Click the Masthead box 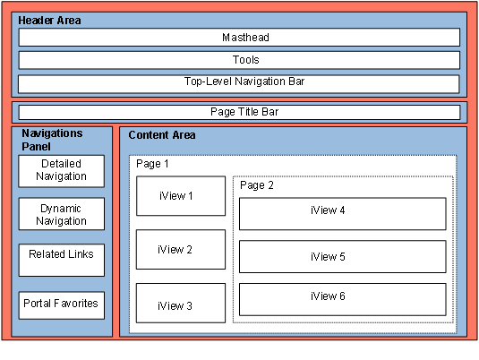[239, 38]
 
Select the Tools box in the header [239, 60]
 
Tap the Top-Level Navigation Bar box [238, 84]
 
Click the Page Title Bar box [240, 112]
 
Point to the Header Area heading [49, 21]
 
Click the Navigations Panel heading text [52, 140]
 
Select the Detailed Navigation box [62, 171]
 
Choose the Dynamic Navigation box [62, 214]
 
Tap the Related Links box [62, 260]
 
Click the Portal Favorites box [62, 305]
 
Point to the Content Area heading [162, 135]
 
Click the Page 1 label [152, 164]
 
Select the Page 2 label [257, 185]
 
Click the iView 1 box [181, 196]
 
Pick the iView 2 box [181, 249]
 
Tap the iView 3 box [181, 303]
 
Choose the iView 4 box [342, 214]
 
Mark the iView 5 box [342, 257]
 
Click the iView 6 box [342, 299]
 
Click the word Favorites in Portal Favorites [76, 304]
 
